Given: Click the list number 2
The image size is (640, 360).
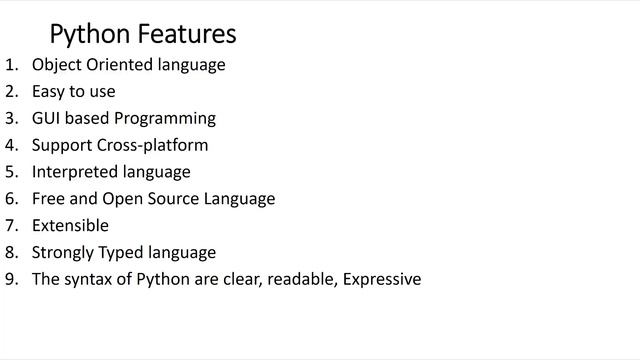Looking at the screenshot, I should (x=11, y=91).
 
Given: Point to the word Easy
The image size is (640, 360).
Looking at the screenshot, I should (x=49, y=91).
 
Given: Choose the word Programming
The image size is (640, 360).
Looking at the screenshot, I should (x=167, y=118).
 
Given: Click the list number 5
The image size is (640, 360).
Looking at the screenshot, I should (x=11, y=172).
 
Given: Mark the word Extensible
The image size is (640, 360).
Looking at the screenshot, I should (x=70, y=225).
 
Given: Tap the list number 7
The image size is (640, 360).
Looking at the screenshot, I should (x=11, y=225).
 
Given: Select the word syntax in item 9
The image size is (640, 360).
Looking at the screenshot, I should (x=89, y=279).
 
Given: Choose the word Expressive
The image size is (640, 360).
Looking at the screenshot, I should (x=382, y=279).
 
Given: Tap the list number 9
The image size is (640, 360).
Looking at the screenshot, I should (x=11, y=279).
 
